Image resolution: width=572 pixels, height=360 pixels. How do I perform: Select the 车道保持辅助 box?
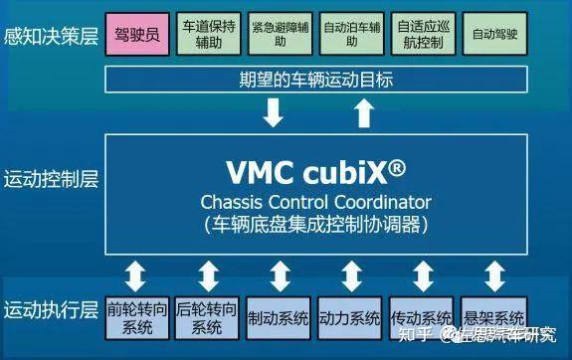pos(208,34)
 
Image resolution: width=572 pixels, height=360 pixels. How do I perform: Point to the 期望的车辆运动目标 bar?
pos(316,80)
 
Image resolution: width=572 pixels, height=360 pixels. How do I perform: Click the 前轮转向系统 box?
pos(137,318)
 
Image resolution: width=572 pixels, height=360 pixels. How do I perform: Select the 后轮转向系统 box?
pos(208,318)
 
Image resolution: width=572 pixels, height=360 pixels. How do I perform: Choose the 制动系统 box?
pos(280,318)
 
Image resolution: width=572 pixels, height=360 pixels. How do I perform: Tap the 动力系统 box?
pos(350,318)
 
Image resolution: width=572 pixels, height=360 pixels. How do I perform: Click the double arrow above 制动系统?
pos(280,274)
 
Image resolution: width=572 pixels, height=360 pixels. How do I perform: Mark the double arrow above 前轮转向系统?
pos(137,274)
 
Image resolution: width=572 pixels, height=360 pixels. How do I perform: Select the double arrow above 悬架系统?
pos(493,274)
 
